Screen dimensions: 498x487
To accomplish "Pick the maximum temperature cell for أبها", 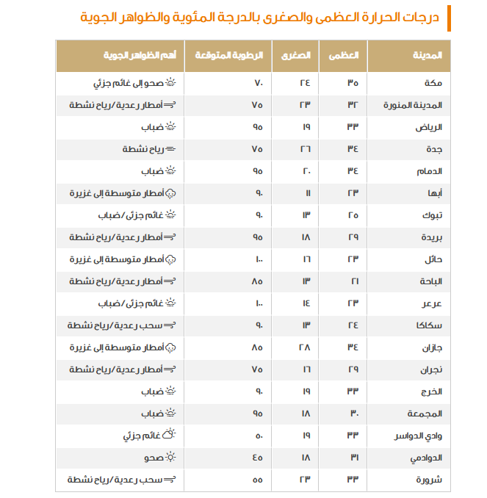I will [353, 193].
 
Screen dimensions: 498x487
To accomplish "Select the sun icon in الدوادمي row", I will [171, 458].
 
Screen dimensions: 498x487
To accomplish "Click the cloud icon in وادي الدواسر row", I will [171, 436].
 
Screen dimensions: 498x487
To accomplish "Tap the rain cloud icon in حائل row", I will [171, 259].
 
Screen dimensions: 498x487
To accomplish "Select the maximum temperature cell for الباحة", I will [353, 281].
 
